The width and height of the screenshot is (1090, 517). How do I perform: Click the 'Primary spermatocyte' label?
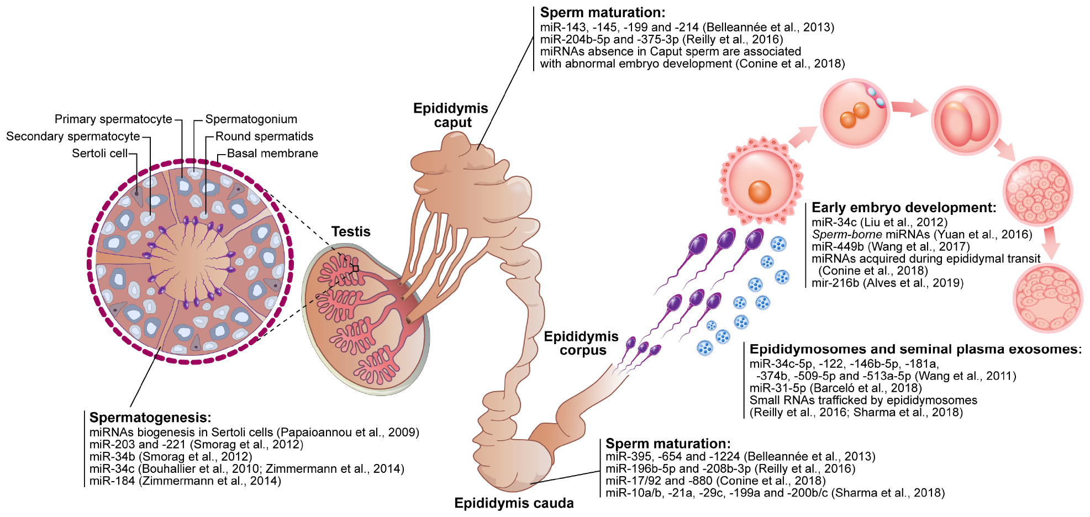click(113, 119)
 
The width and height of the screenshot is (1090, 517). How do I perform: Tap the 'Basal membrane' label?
click(272, 154)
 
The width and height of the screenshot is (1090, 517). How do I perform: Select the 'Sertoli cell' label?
click(99, 154)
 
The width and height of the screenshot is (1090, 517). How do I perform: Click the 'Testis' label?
click(351, 232)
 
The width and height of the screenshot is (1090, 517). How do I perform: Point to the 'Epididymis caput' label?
click(451, 115)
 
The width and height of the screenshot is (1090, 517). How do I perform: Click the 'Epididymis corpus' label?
click(581, 344)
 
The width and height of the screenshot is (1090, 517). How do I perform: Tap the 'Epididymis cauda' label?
click(514, 503)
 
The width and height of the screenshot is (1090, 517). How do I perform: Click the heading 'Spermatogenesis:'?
click(150, 418)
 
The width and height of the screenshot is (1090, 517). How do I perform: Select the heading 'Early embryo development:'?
click(904, 208)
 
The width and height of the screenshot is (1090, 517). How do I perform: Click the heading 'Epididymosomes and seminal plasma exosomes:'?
click(915, 349)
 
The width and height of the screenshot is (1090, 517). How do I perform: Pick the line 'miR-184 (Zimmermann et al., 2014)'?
click(185, 481)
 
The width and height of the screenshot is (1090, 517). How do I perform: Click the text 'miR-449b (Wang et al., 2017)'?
click(891, 247)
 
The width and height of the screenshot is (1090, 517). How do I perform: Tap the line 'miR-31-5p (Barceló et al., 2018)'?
click(835, 388)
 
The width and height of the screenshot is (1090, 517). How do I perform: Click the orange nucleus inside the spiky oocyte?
click(760, 192)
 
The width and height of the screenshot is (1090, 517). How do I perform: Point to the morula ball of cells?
click(1038, 191)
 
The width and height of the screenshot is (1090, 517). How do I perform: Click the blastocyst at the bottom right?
click(1047, 299)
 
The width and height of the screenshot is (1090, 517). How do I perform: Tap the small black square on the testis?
click(356, 269)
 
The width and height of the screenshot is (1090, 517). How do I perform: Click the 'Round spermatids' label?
click(264, 136)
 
